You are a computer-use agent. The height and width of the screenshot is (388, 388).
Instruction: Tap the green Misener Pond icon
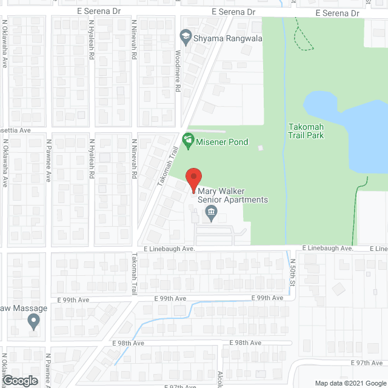point(188,141)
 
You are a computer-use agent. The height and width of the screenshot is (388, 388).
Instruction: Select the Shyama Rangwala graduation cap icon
point(184,38)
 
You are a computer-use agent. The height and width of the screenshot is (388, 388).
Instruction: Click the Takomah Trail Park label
point(306,130)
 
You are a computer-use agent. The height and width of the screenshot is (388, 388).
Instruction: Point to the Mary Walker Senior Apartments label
point(233,195)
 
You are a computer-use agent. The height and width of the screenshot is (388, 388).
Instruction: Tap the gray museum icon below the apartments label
point(211,212)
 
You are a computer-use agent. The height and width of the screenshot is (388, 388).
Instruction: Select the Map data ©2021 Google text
point(349,383)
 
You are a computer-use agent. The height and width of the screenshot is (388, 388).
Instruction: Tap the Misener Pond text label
point(222,142)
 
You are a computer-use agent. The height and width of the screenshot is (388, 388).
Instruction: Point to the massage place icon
point(33,322)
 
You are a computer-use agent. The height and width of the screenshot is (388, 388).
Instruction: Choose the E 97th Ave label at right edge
point(370,363)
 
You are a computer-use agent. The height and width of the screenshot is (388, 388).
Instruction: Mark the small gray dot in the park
point(261,148)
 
